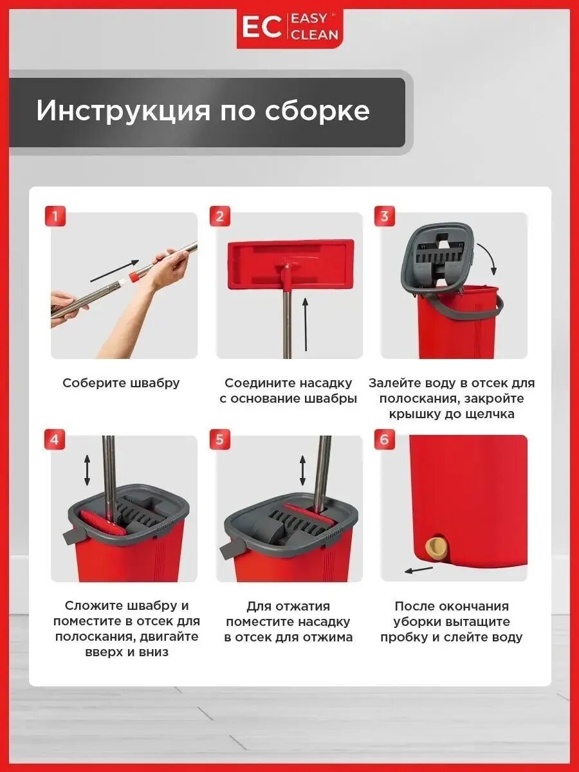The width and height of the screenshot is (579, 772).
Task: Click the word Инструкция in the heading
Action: (x=123, y=111)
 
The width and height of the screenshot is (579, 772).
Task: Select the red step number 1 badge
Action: (x=55, y=216)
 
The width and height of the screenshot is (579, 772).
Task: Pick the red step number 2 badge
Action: (x=219, y=216)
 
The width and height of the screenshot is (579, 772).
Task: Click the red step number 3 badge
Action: (x=384, y=216)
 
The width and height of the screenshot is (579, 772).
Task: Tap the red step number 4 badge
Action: (x=55, y=439)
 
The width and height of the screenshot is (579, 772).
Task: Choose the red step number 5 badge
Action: (x=219, y=439)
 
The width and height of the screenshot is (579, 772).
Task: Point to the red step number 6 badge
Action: (x=384, y=439)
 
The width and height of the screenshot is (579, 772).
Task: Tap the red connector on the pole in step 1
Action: (x=134, y=277)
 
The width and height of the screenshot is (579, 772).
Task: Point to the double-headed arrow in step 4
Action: (x=87, y=472)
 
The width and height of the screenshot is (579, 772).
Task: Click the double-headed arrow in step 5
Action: (x=302, y=472)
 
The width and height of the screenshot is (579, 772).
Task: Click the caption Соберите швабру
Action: (x=121, y=383)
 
